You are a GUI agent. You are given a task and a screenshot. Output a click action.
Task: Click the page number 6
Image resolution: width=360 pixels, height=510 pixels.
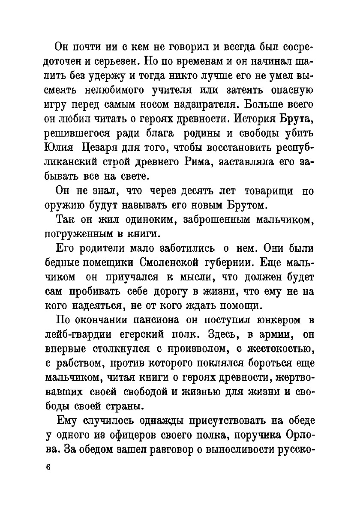[48, 468]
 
